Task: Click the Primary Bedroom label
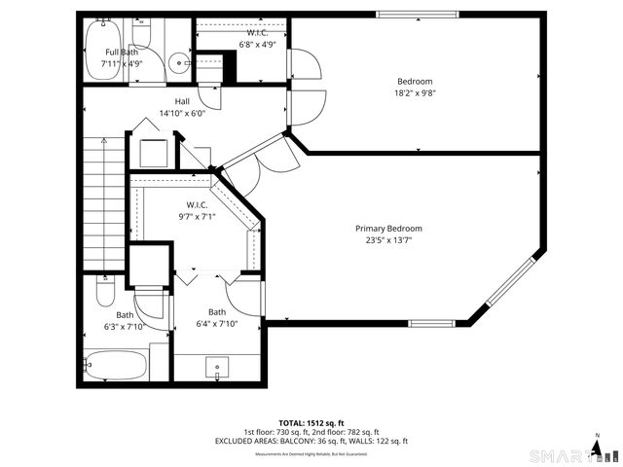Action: coord(388,229)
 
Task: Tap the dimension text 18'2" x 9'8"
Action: coord(415,92)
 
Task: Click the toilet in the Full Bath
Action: coord(142,35)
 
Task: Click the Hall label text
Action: coord(182,100)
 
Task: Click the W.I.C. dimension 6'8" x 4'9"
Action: coord(259,44)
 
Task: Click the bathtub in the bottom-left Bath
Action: coord(115,367)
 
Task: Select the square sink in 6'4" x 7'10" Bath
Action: coord(216,368)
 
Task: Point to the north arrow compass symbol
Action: coord(597,447)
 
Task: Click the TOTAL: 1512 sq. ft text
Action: coord(311,423)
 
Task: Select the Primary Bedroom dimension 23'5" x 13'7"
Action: coord(388,239)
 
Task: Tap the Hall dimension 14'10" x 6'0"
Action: coord(182,112)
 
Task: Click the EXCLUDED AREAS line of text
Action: coord(311,441)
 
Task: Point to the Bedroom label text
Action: coord(415,81)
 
